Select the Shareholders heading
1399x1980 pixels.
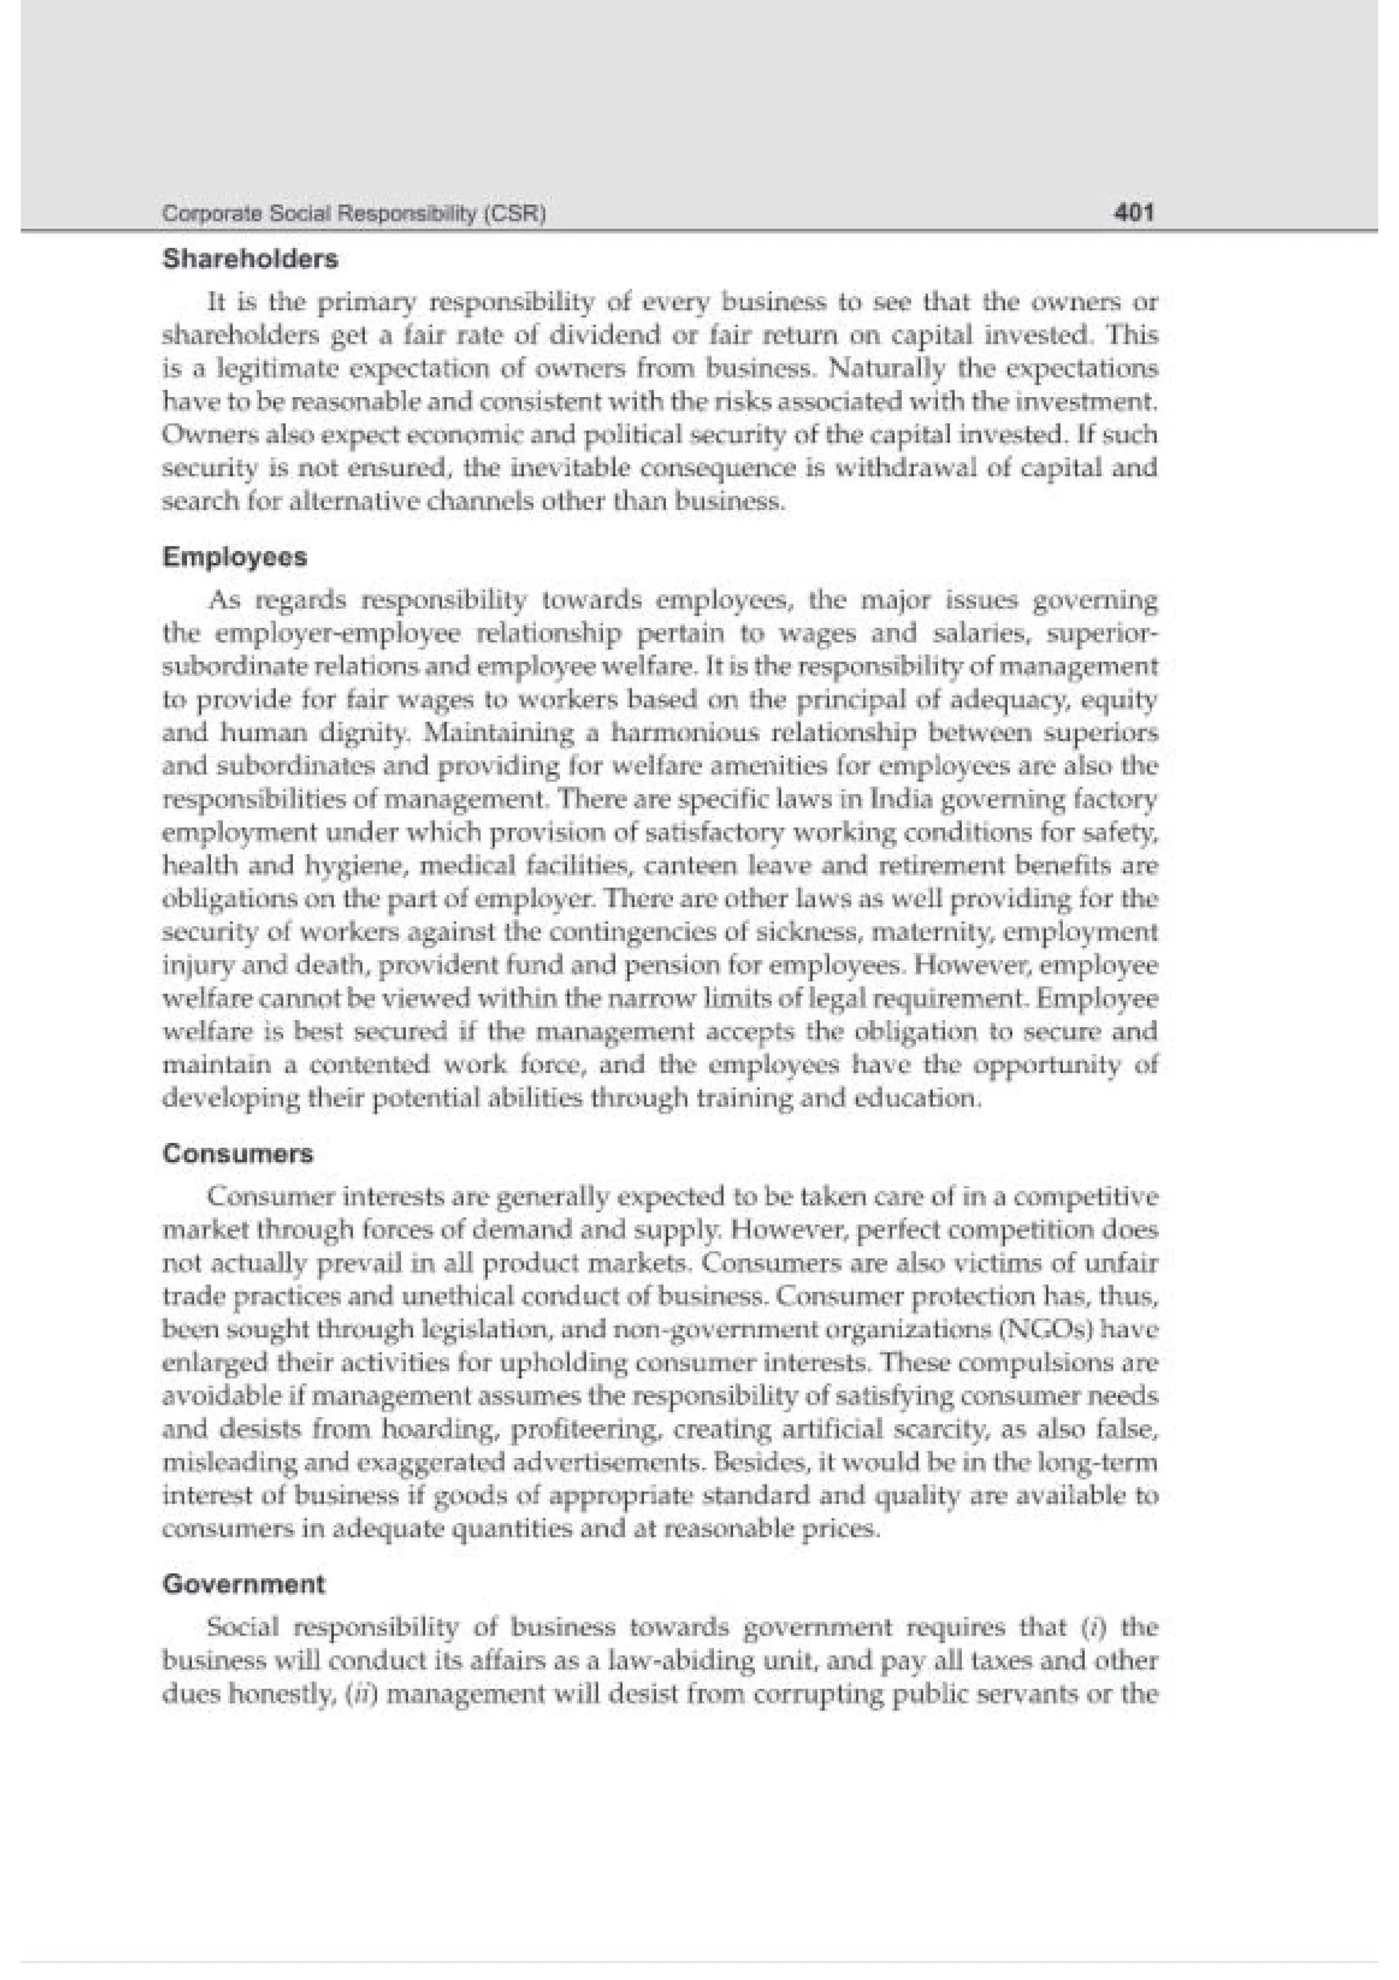[250, 259]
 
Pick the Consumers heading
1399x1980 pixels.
[238, 1154]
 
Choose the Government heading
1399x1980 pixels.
[244, 1584]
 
